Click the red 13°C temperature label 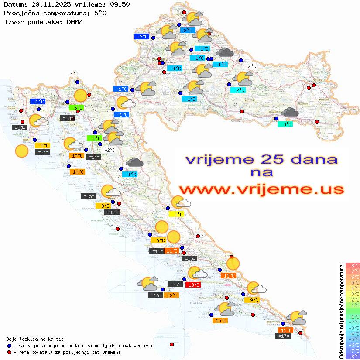click(193, 285)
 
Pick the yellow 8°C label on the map click(178, 214)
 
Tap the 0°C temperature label click(187, 31)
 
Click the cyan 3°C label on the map click(285, 124)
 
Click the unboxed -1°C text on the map click(72, 75)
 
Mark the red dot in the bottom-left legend click(9, 352)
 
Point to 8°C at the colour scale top click(353, 265)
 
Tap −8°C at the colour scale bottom click(352, 356)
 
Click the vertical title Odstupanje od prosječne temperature click(342, 311)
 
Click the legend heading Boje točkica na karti click(35, 339)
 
